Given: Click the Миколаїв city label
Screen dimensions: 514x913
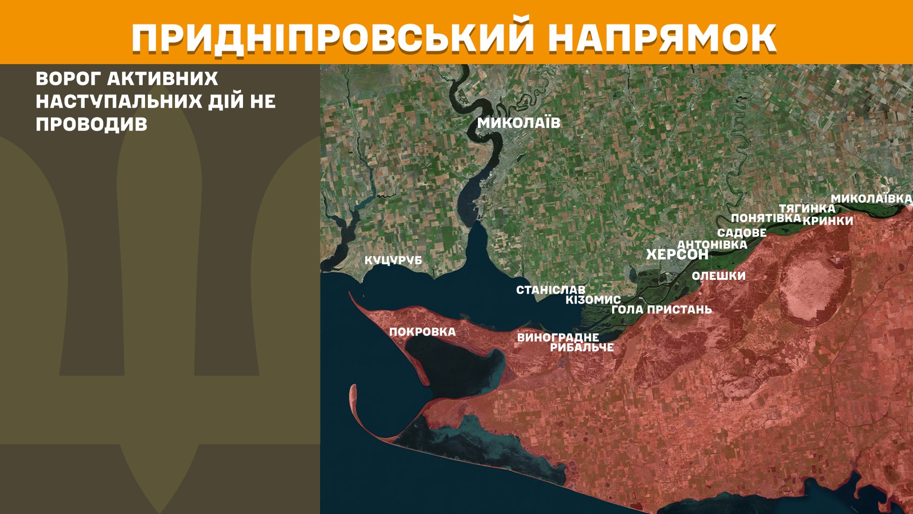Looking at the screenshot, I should (519, 123).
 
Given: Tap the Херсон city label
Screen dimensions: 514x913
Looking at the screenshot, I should (677, 255).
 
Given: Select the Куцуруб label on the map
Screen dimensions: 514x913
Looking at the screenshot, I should (393, 260).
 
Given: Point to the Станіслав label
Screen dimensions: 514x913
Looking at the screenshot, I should (551, 290).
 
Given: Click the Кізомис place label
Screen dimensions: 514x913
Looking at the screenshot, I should (593, 300).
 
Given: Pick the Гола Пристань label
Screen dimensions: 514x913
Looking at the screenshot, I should (661, 309).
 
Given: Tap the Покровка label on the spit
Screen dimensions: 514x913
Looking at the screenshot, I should (422, 332).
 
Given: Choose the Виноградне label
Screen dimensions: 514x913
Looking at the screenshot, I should (558, 337).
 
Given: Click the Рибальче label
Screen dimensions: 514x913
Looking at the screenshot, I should (582, 347).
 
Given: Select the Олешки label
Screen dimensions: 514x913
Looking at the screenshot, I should (719, 276).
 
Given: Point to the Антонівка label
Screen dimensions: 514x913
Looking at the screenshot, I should (712, 245).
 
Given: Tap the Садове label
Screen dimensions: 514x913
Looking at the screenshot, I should (741, 233).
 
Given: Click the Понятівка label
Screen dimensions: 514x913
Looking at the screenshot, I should (766, 218).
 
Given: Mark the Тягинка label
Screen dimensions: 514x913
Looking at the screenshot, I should (806, 208).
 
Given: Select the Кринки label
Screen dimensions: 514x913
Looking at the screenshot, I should (828, 221).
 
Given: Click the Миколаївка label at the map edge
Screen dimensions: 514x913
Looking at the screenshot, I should (871, 198).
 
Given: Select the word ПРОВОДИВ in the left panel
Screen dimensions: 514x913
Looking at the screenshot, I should (91, 124).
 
